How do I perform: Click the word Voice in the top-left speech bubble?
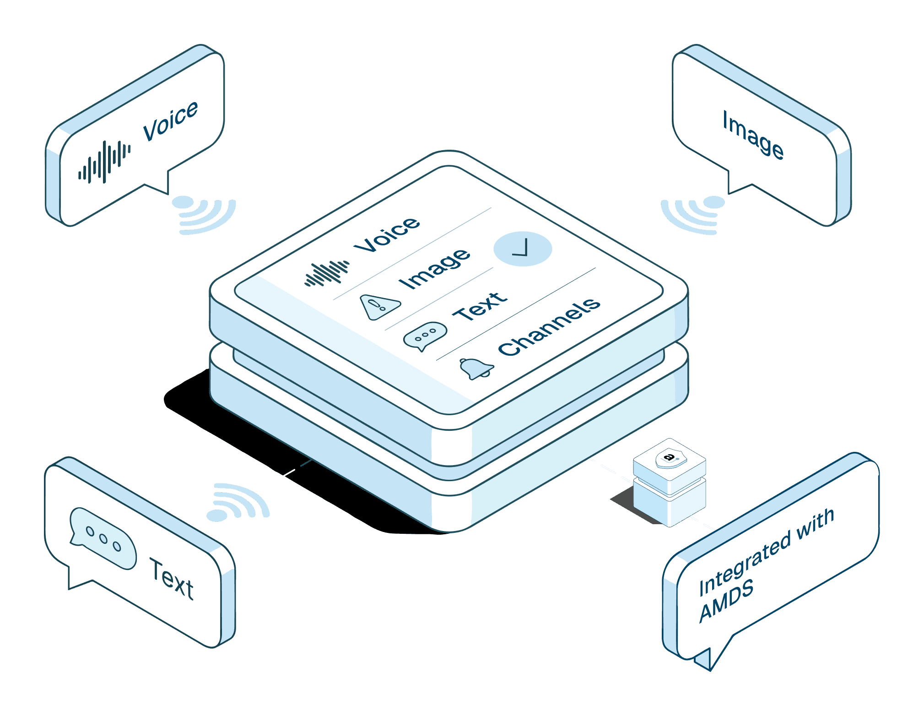pos(170,120)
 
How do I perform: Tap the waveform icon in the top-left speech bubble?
pos(104,162)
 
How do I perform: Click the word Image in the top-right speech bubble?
pos(753,135)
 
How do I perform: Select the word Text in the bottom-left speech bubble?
pos(172,579)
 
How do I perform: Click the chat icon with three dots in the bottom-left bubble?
pos(103,538)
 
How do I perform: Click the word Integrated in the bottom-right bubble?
pos(744,564)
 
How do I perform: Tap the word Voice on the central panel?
pos(387,234)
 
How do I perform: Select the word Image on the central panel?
pos(434,269)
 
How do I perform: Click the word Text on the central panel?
pos(480,306)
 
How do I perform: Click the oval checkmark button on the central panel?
pos(523,249)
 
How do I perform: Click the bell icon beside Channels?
pos(476,368)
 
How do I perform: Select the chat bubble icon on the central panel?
pos(424,336)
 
